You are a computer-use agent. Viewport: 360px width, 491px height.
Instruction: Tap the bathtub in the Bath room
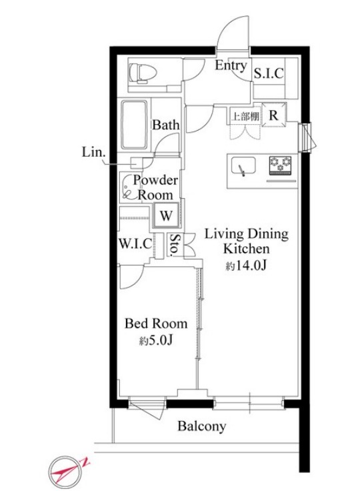[x=134, y=125]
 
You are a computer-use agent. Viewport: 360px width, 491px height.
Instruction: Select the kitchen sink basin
[x=243, y=165]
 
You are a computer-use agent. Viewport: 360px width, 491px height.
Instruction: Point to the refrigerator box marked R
[x=273, y=115]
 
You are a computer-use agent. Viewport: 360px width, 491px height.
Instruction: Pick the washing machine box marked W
[x=166, y=215]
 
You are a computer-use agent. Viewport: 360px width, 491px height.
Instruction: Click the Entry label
[x=231, y=66]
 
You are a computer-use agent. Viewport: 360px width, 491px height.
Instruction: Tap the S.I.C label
[x=269, y=73]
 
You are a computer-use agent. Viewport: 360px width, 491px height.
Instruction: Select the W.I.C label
[x=135, y=243]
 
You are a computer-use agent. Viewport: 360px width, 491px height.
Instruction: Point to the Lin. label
[x=93, y=152]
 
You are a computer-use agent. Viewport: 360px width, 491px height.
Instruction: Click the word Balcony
[x=202, y=426]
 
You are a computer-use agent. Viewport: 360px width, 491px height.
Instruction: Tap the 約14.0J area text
[x=246, y=266]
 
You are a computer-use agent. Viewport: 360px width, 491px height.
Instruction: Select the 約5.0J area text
[x=156, y=340]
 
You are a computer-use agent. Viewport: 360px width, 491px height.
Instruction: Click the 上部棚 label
[x=245, y=116]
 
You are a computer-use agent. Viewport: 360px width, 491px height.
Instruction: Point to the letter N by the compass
[x=85, y=462]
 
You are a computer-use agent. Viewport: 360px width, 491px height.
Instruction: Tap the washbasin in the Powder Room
[x=127, y=187]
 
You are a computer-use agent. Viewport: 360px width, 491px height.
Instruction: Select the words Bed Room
[x=156, y=324]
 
